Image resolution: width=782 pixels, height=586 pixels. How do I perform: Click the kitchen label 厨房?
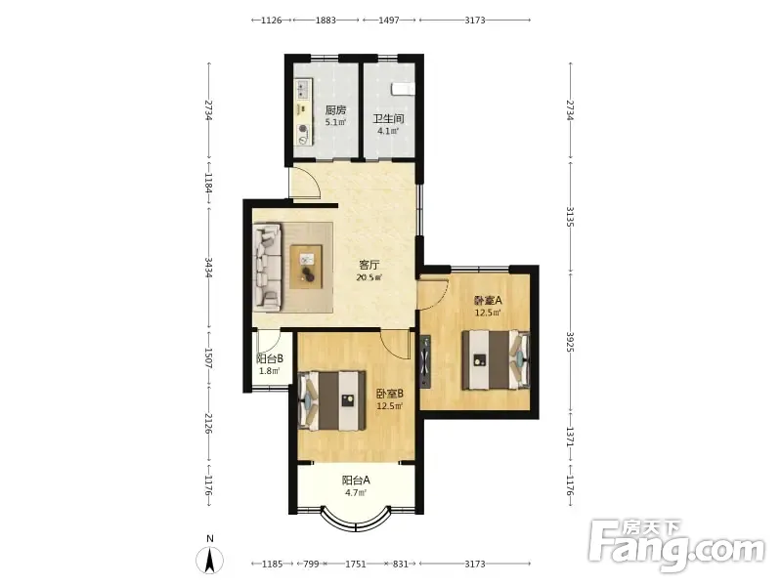[335, 109]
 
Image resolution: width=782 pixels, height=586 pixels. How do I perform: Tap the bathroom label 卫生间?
[388, 119]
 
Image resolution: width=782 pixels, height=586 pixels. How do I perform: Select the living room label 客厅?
[369, 265]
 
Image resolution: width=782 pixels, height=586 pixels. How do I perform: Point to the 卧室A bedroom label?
[487, 301]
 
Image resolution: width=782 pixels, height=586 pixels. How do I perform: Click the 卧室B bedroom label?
[389, 394]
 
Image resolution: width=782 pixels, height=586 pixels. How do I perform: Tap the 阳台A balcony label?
[356, 481]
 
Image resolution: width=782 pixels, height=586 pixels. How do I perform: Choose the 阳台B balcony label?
[270, 358]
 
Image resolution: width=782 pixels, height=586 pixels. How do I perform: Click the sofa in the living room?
[267, 267]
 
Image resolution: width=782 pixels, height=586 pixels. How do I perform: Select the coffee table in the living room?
[306, 267]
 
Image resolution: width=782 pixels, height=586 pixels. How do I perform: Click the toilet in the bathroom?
[403, 89]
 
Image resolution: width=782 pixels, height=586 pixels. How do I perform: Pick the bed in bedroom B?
[332, 400]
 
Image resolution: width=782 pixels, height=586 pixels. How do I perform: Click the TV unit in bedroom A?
[425, 361]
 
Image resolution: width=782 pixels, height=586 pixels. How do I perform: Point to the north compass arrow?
[210, 559]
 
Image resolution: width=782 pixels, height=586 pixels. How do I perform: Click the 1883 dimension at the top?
[326, 21]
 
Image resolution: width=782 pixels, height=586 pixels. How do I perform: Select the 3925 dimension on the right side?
[570, 342]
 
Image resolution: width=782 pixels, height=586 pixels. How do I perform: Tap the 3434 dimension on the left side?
[209, 268]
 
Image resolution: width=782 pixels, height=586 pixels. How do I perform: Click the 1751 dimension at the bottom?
[356, 565]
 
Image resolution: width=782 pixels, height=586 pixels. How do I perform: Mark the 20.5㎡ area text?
[369, 278]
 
